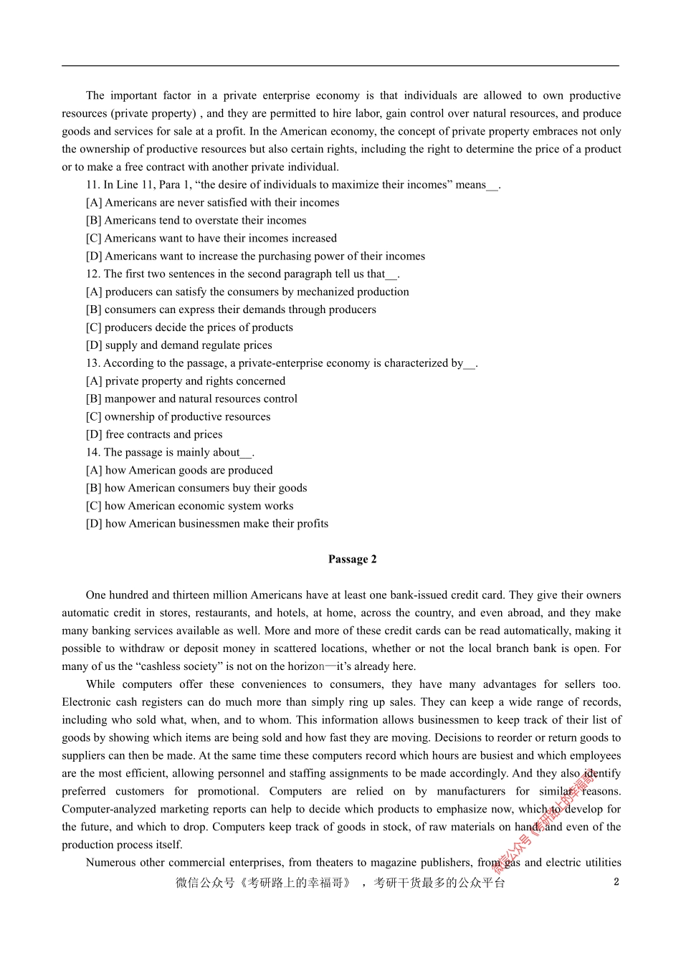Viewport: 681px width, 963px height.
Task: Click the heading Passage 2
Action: [x=352, y=560]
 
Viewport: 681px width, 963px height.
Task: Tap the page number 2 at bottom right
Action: [x=616, y=882]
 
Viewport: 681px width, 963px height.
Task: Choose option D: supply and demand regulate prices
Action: [x=179, y=345]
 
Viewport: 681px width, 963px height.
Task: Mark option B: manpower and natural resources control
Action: [x=191, y=399]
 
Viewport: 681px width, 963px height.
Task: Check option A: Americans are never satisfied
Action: [x=212, y=203]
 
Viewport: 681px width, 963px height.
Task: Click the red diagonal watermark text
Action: [x=546, y=817]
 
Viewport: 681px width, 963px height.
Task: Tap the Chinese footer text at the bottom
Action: [x=340, y=883]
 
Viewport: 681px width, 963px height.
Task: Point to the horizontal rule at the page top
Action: [x=340, y=66]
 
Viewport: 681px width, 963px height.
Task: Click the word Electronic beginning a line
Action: [x=87, y=702]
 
